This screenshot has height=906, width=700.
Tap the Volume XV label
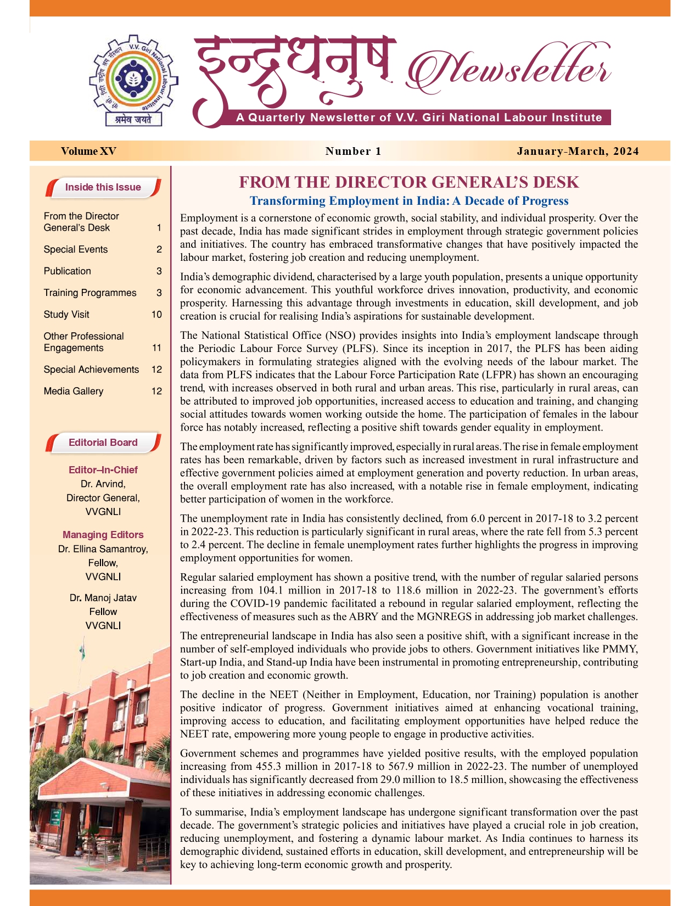[88, 151]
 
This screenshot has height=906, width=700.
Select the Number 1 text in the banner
[353, 151]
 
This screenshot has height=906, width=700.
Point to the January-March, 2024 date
[578, 151]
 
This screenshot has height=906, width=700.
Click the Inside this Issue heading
[103, 187]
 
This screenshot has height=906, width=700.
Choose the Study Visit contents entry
[66, 315]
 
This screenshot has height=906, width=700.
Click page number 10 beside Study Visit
[156, 315]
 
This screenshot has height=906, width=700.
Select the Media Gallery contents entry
[74, 391]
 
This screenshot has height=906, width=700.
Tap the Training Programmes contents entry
[90, 293]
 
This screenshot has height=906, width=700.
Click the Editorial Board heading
[103, 443]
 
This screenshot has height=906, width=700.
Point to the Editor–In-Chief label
[103, 470]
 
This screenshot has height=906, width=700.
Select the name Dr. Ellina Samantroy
[103, 549]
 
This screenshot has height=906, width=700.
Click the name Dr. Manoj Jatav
[103, 598]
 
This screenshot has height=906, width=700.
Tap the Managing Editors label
[103, 535]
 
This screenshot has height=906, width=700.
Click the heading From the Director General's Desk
[409, 182]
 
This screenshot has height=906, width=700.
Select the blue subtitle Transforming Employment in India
[409, 201]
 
